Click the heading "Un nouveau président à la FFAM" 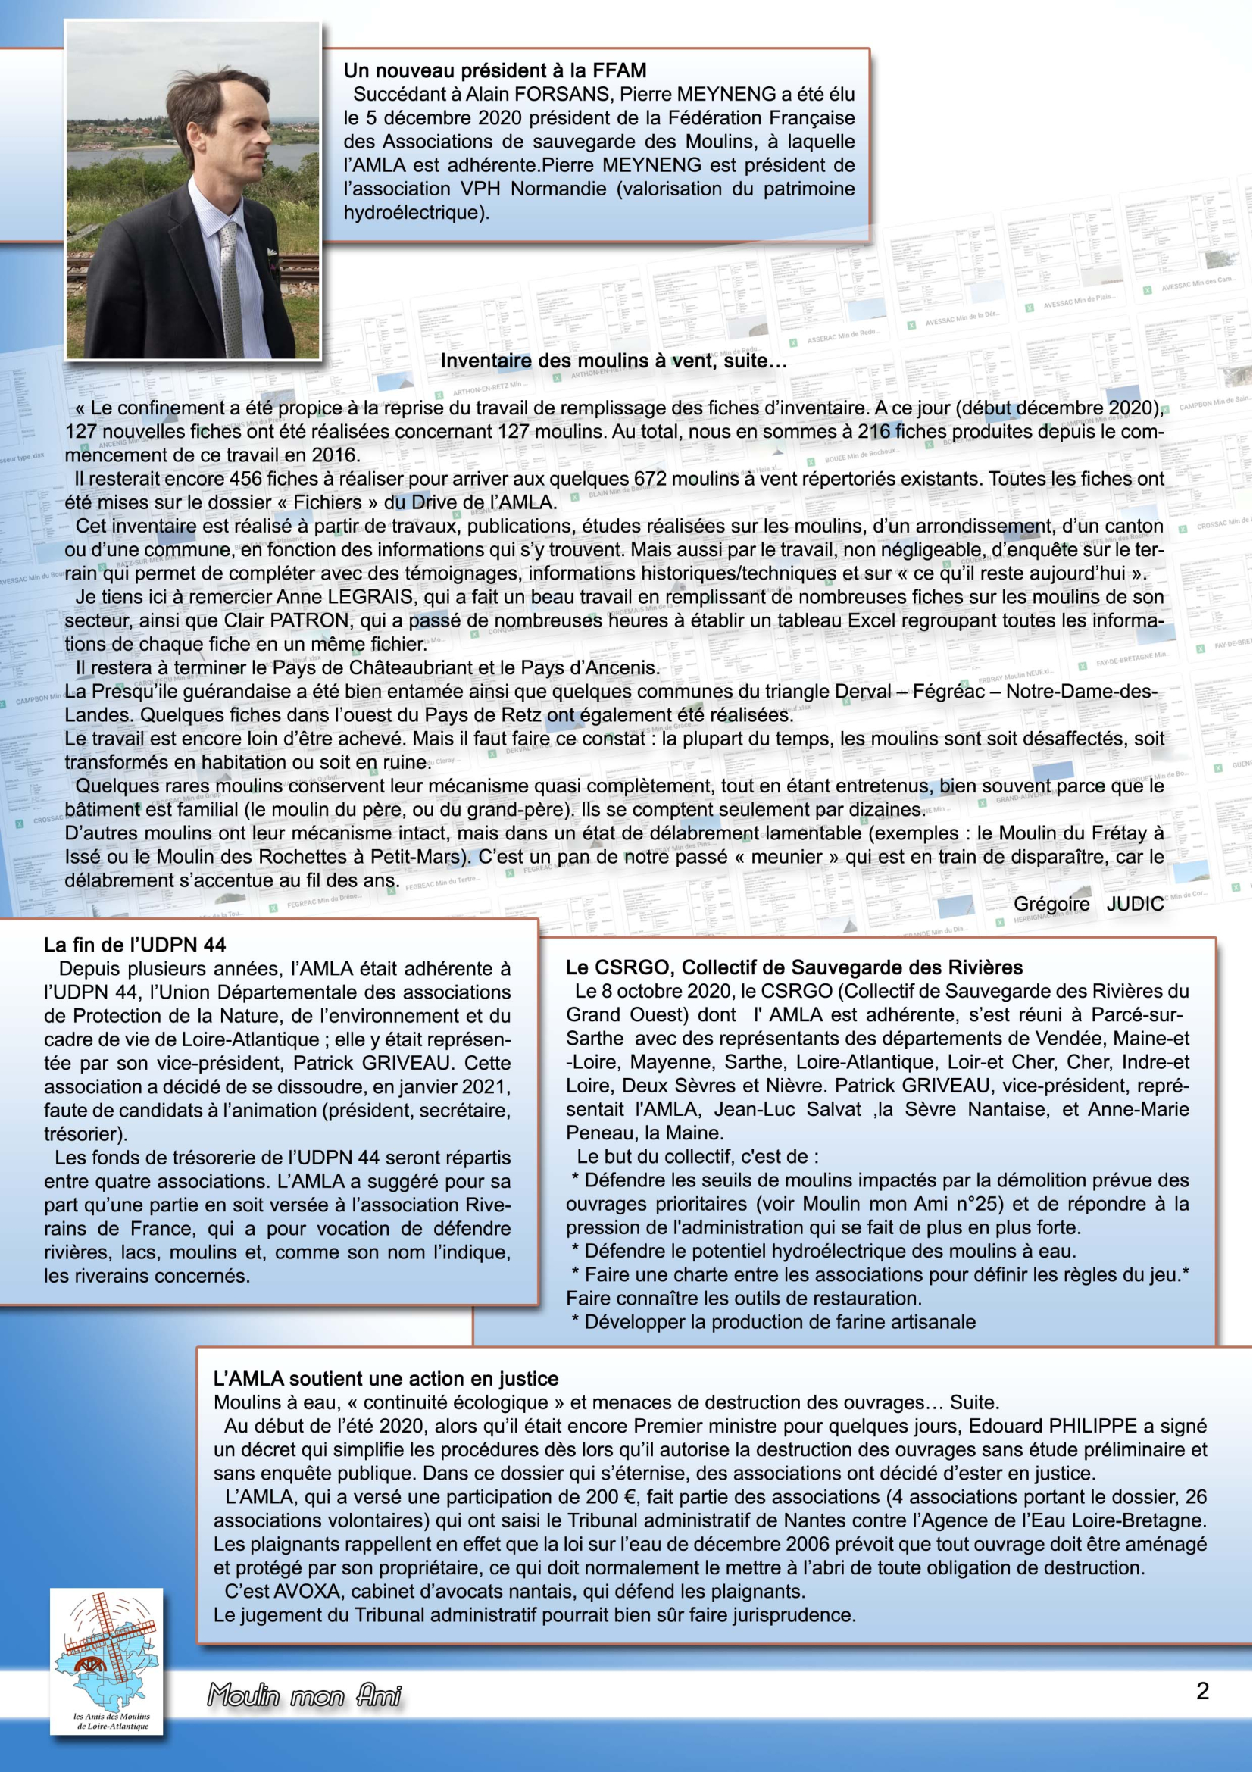(x=495, y=71)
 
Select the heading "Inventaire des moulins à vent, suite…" (x=614, y=361)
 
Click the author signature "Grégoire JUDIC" (x=1088, y=904)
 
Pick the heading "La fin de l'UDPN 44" (x=135, y=945)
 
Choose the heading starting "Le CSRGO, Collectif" (x=794, y=967)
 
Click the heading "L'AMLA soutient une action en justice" (x=386, y=1378)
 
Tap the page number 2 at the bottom (x=1202, y=1692)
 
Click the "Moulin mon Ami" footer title (x=304, y=1696)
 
